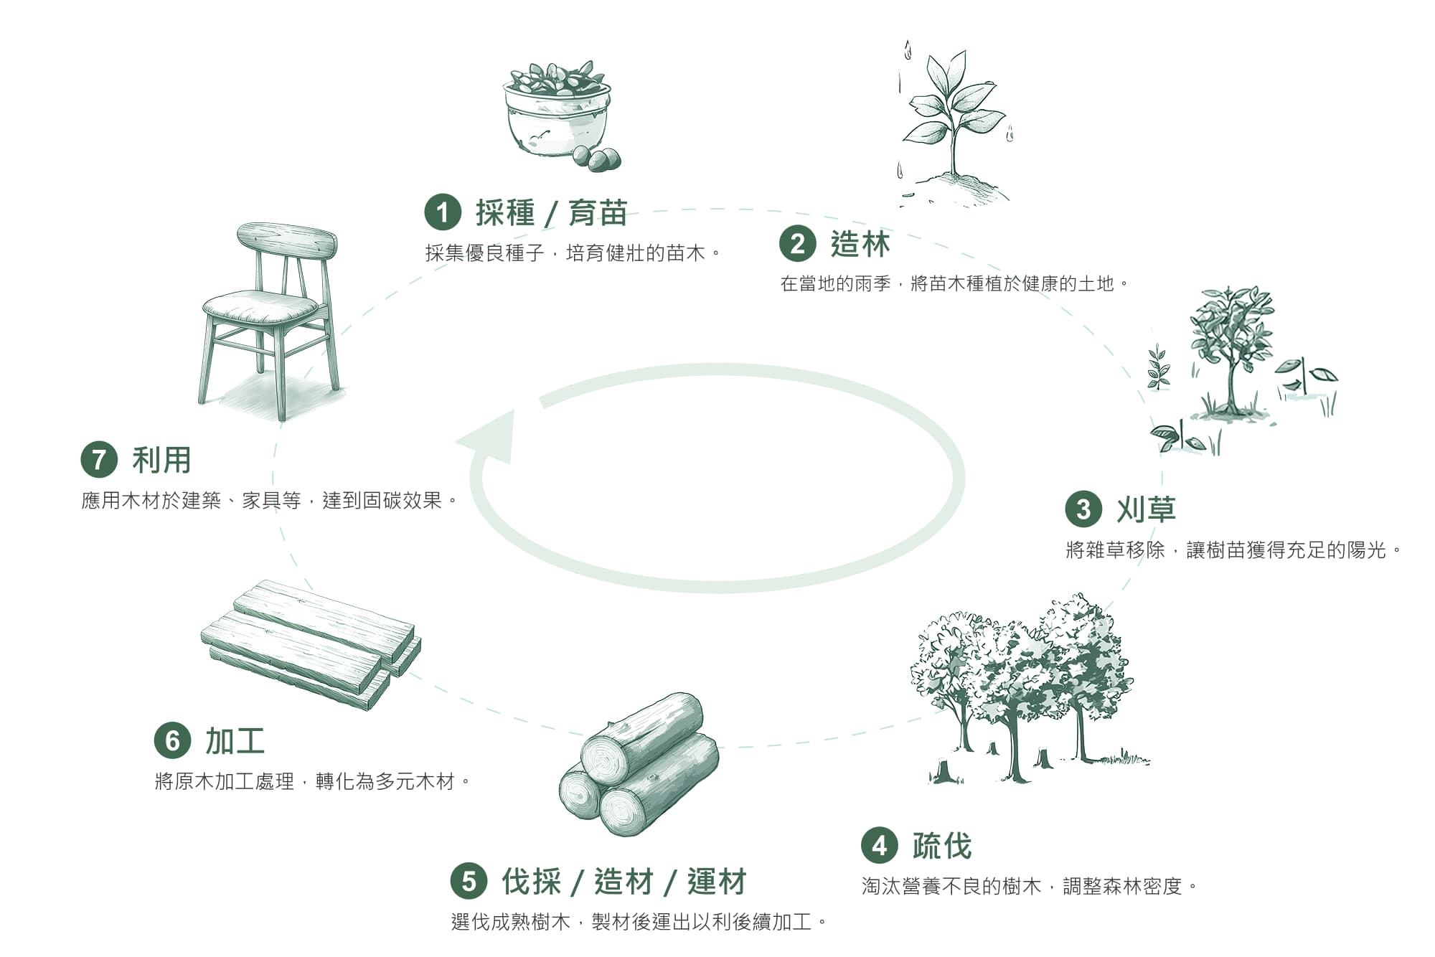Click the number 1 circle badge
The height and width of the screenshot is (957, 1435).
pyautogui.click(x=443, y=212)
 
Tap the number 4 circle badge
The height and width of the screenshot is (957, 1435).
pyautogui.click(x=880, y=846)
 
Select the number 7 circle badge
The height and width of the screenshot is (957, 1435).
pyautogui.click(x=99, y=460)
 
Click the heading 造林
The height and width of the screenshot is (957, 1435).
pyautogui.click(x=860, y=245)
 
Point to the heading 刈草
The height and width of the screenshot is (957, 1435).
pyautogui.click(x=1146, y=509)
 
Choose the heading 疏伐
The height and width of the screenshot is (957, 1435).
pyautogui.click(x=942, y=847)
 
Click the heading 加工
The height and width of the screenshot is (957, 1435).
pyautogui.click(x=235, y=741)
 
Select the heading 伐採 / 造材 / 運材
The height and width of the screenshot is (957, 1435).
pyautogui.click(x=624, y=882)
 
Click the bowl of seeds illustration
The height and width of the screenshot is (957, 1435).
pyautogui.click(x=556, y=111)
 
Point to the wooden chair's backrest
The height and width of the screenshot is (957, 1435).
pyautogui.click(x=288, y=240)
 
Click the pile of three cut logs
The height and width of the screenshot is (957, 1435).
pyautogui.click(x=639, y=764)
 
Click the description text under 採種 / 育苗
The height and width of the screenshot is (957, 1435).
pyautogui.click(x=573, y=253)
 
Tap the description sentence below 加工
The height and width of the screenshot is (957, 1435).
pyautogui.click(x=312, y=781)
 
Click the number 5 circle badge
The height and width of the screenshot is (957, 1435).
pyautogui.click(x=469, y=881)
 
